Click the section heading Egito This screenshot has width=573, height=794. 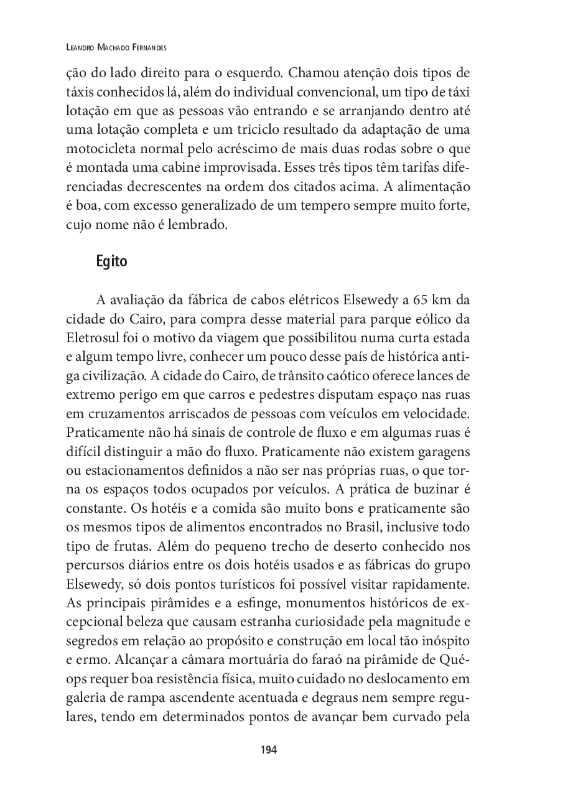pos(111,261)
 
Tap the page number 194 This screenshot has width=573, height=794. pos(268,750)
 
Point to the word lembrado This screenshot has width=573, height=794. pos(198,225)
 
